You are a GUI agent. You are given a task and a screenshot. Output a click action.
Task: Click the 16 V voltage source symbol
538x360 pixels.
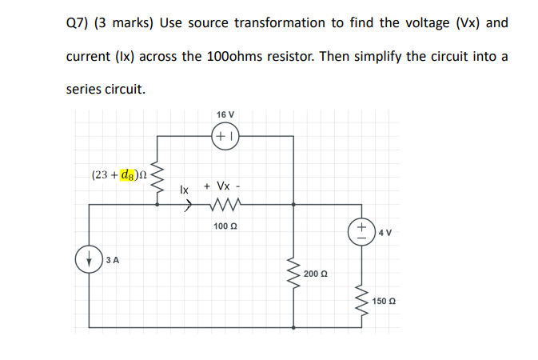coord(225,136)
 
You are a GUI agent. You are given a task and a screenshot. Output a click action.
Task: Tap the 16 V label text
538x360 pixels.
coord(225,114)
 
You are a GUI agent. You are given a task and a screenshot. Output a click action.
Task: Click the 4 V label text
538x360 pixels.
coord(385,234)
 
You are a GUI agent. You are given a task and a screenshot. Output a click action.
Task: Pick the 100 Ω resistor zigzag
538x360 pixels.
coord(225,205)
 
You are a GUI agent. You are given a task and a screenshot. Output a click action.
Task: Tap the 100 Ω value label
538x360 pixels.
coord(225,226)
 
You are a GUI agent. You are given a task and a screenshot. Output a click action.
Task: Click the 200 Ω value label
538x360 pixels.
coord(316,274)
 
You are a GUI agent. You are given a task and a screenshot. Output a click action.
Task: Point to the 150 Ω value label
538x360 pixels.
coord(384,302)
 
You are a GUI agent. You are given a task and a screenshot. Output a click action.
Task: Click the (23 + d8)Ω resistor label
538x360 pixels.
coord(119,174)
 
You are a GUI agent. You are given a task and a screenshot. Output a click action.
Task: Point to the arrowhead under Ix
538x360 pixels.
coord(189,205)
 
